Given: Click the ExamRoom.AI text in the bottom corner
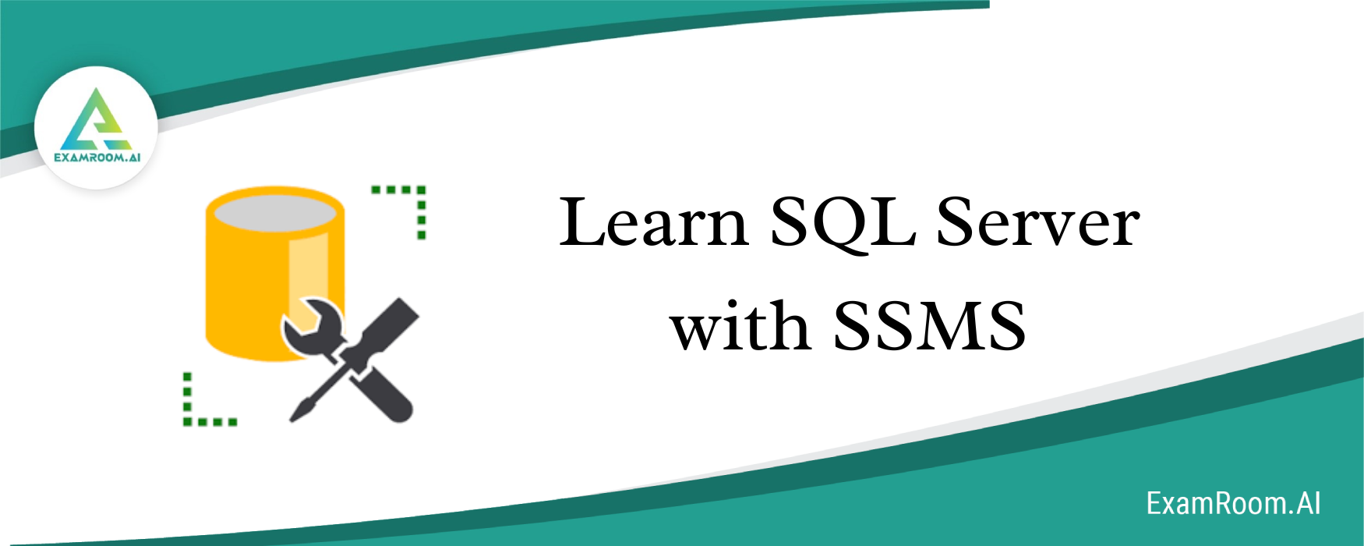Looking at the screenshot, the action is click(x=1233, y=503).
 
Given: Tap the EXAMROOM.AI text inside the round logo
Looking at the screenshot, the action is click(x=97, y=157).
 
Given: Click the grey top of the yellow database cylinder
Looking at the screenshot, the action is click(x=274, y=211).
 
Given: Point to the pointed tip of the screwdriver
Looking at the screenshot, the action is click(x=293, y=419).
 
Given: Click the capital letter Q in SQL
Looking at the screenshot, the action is click(x=844, y=226).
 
